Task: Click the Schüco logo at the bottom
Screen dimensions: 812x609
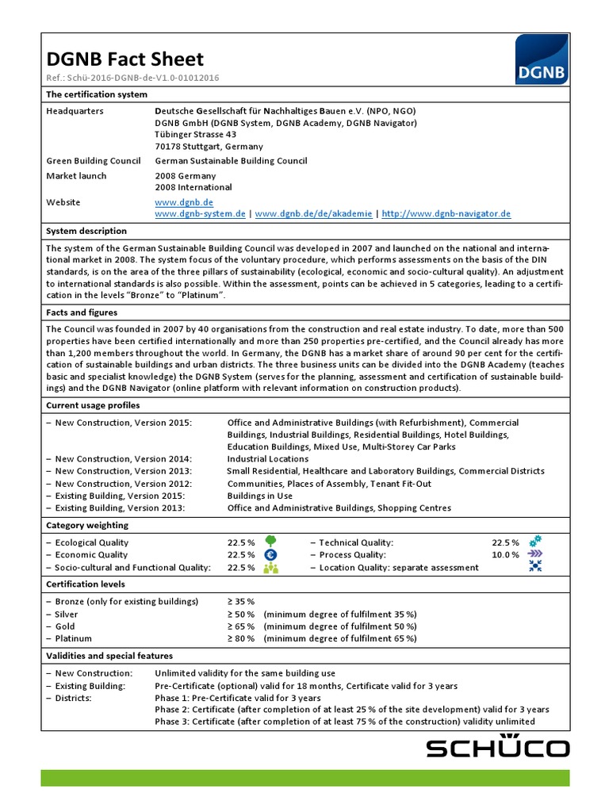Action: tap(498, 748)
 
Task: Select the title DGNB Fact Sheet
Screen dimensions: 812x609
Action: tap(124, 59)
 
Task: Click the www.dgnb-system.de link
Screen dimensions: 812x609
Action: tap(200, 214)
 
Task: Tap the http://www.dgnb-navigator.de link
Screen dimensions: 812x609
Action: tap(446, 214)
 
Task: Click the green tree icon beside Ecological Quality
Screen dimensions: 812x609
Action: tap(270, 542)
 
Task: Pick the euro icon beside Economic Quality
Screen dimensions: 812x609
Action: tap(270, 555)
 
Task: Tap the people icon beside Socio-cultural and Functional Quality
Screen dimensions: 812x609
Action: tap(270, 568)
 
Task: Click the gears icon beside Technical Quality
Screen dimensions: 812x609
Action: tap(535, 542)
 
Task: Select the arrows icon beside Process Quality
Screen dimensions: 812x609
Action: tap(535, 555)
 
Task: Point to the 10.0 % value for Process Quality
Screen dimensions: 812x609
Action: tap(506, 555)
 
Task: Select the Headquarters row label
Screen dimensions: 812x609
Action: tap(75, 111)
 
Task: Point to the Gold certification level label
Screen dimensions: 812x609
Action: tap(64, 626)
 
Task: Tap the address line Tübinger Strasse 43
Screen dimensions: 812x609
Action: tap(196, 135)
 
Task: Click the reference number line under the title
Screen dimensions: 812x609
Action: tap(132, 78)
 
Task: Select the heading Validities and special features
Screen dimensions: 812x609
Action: tap(109, 656)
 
